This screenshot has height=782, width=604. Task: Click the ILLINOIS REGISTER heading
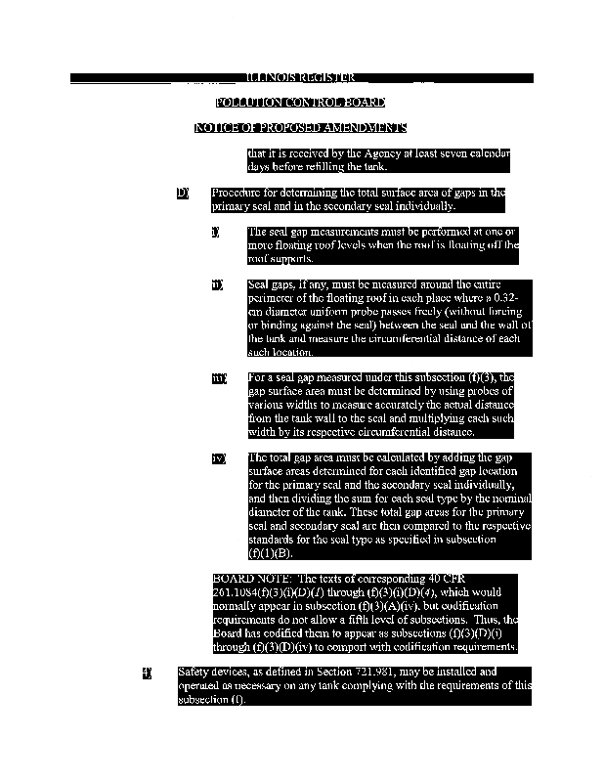pos(301,77)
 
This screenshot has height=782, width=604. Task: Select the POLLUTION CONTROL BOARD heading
pos(301,103)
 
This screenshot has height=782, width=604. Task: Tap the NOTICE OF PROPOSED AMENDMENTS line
pos(301,128)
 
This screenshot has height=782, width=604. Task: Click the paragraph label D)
pos(182,193)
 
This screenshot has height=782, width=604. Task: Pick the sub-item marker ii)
pos(216,284)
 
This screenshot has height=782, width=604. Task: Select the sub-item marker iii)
pos(218,377)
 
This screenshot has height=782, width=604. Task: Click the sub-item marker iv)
pos(218,457)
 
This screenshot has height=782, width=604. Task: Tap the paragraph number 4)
pos(148,673)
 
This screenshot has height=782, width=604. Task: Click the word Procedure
pos(240,193)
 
